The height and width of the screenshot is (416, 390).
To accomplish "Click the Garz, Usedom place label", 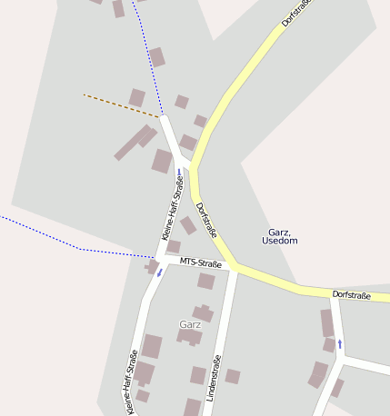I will click(x=279, y=236).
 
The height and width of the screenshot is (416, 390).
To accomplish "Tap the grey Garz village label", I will click(x=190, y=324).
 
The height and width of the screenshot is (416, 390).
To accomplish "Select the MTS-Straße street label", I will click(x=200, y=263).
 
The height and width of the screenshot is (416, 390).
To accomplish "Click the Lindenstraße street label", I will click(x=215, y=377).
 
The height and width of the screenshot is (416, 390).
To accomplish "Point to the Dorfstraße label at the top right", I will click(x=295, y=13).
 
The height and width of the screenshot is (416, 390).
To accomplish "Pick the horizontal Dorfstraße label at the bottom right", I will click(x=353, y=295).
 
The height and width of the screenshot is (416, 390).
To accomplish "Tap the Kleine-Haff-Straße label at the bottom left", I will click(x=132, y=382).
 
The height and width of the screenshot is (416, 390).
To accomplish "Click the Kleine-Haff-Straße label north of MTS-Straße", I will click(x=172, y=209).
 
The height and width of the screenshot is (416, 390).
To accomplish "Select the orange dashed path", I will click(x=121, y=104).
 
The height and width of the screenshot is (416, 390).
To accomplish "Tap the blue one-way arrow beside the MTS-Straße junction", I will click(x=160, y=272).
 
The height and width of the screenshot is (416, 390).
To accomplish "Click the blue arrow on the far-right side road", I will click(x=340, y=343).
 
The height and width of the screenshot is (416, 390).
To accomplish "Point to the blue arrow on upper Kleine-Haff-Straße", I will click(x=179, y=172).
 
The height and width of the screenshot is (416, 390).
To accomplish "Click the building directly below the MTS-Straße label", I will click(x=206, y=282).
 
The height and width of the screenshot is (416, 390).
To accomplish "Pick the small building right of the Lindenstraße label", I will click(x=233, y=376).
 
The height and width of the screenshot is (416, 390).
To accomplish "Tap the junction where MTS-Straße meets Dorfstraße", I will click(x=235, y=268).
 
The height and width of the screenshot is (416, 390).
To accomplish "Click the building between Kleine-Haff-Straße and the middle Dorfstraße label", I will click(x=187, y=225).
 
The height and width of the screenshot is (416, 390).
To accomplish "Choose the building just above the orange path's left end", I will click(x=137, y=96).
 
